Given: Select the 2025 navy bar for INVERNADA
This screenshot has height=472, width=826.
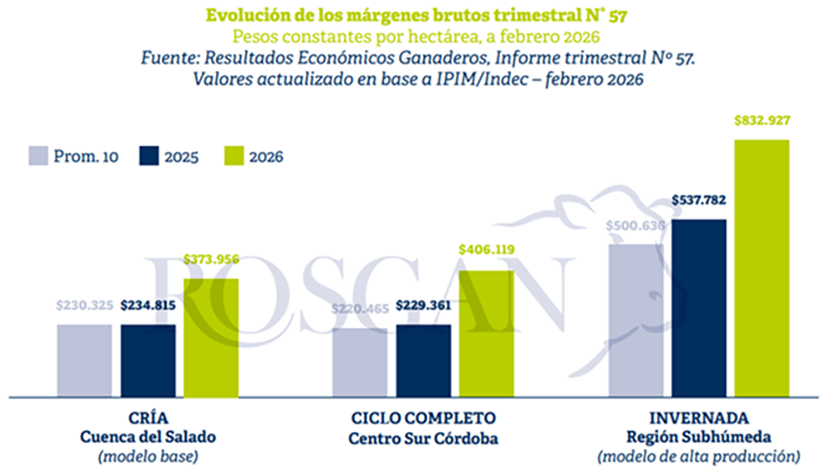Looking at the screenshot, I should (699, 308).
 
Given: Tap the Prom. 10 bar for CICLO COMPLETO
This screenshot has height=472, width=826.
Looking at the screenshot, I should (360, 362).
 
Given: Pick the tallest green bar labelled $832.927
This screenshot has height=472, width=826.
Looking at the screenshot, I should (761, 268).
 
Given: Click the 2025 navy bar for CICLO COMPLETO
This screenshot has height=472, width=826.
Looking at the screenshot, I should (423, 360).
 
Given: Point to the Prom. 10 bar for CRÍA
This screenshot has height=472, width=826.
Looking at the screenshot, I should (84, 360).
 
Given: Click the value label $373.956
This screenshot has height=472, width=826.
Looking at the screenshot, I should (211, 259).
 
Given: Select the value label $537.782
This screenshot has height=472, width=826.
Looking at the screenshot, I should (699, 200).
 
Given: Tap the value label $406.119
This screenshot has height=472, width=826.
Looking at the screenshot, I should (486, 249).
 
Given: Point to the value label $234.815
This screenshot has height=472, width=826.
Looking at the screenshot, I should (148, 305).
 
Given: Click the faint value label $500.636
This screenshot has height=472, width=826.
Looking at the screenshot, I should (635, 226).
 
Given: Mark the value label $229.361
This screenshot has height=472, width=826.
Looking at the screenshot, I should (423, 305).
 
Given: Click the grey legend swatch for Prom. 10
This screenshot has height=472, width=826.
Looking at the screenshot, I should (38, 156).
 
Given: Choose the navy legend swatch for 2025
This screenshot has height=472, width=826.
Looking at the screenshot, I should (149, 156).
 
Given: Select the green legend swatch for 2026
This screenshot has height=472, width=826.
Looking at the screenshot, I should (234, 156).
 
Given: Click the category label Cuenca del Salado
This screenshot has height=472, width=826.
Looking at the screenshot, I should (148, 437).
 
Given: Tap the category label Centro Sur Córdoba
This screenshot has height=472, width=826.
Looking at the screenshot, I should (423, 438).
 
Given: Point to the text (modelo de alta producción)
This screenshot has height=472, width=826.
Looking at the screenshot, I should (699, 456).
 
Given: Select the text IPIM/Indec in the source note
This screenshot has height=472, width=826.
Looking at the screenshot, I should (482, 79).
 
